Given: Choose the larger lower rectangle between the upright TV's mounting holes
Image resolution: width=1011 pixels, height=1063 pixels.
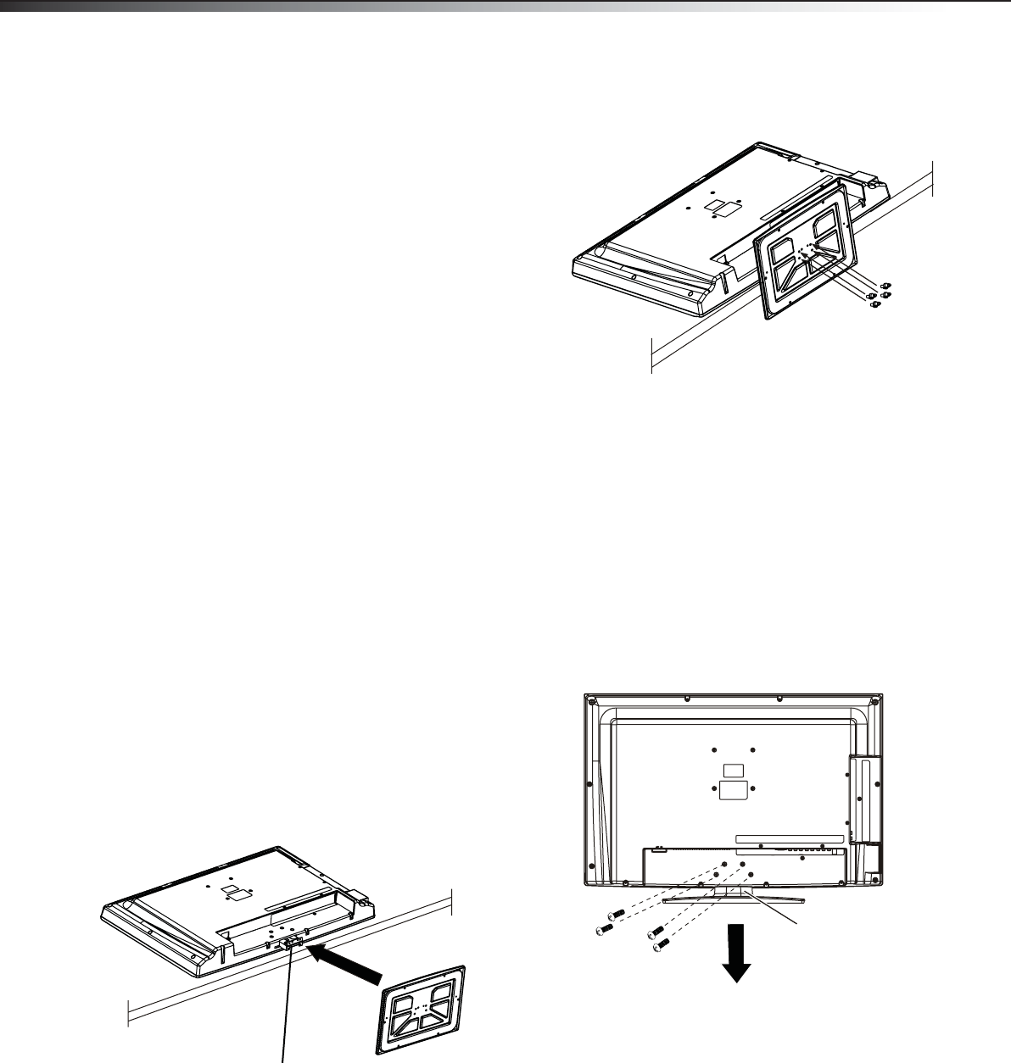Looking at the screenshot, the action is tap(734, 789).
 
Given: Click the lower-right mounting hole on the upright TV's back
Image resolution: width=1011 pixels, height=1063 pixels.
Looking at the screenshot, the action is tap(753, 789).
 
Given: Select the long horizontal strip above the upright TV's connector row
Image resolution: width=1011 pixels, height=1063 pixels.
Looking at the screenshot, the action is tap(790, 839).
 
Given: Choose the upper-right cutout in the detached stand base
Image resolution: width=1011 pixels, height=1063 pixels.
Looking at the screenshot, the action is tap(444, 989).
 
